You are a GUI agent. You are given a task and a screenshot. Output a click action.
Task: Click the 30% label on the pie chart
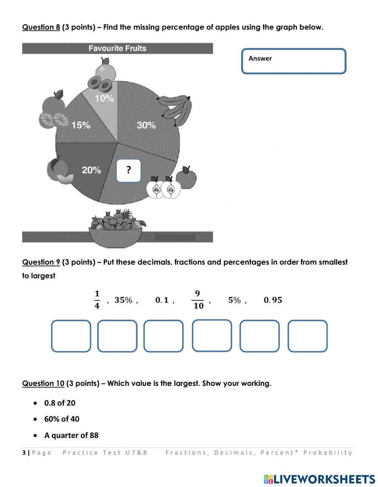coord(146,125)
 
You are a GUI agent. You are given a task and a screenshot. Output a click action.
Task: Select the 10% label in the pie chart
coord(104,98)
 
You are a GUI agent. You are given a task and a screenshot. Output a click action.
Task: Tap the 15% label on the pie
coord(81,125)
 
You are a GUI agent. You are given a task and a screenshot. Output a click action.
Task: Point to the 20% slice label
coord(91,170)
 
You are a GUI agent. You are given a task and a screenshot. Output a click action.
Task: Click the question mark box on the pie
coord(129,171)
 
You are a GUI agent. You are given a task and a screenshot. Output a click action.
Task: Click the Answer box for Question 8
coord(294,61)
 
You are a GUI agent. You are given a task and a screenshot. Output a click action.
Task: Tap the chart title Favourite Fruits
coord(117,48)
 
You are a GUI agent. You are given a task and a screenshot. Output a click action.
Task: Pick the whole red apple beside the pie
coord(186,177)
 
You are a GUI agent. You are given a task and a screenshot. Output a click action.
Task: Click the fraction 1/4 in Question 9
coord(97,300)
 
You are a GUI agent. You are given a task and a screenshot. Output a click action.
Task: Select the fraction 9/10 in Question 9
coord(198,300)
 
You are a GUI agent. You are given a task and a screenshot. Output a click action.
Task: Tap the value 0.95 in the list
coord(273,300)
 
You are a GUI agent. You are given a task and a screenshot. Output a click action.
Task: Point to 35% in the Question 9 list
coord(124,300)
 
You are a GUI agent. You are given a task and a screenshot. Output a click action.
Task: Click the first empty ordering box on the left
coord(71,336)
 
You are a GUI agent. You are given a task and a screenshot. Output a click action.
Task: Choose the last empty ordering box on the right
coord(307,336)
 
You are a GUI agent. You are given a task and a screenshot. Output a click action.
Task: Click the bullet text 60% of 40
coord(62,419)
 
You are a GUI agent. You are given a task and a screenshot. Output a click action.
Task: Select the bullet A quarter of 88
coord(71,435)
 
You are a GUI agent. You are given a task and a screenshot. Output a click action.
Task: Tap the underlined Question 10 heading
coord(43,384)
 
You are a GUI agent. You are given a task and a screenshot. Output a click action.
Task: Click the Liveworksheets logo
coord(319,479)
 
